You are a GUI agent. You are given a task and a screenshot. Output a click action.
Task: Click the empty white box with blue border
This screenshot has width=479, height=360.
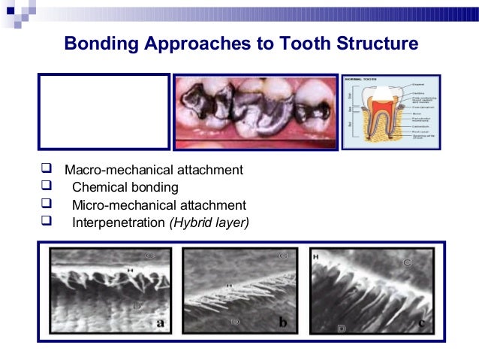click(104, 110)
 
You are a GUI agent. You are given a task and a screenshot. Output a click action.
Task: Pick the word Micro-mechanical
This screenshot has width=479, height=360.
click(116, 204)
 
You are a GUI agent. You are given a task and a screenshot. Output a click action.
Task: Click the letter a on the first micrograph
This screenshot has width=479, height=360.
click(159, 323)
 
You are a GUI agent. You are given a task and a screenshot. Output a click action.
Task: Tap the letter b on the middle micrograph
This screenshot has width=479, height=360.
click(282, 322)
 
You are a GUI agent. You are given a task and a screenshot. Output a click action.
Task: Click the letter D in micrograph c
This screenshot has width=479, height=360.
click(342, 328)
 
